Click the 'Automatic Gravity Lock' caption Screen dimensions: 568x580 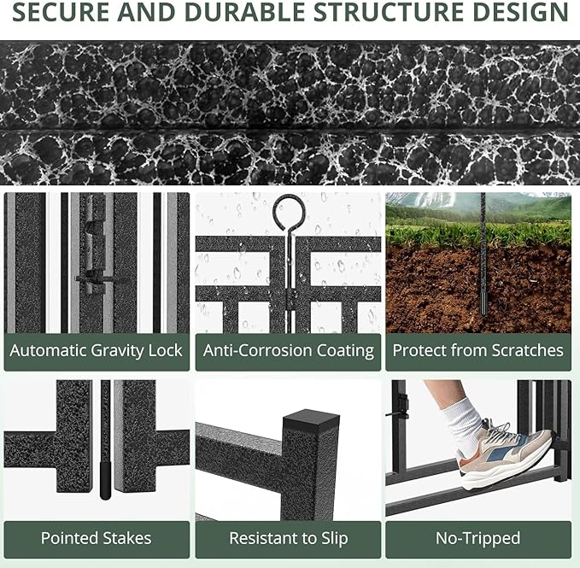tap(97, 350)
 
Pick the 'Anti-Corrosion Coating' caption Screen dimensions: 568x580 tap(289, 350)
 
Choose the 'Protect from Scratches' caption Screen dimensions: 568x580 tap(478, 350)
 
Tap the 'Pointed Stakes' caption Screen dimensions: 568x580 tap(97, 538)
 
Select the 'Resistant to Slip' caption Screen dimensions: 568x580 tap(289, 538)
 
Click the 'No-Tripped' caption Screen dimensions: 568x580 tap(478, 538)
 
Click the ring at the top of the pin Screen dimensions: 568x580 tap(289, 210)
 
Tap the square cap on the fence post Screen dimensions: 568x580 tap(311, 421)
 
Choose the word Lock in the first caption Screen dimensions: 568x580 tap(165, 350)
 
